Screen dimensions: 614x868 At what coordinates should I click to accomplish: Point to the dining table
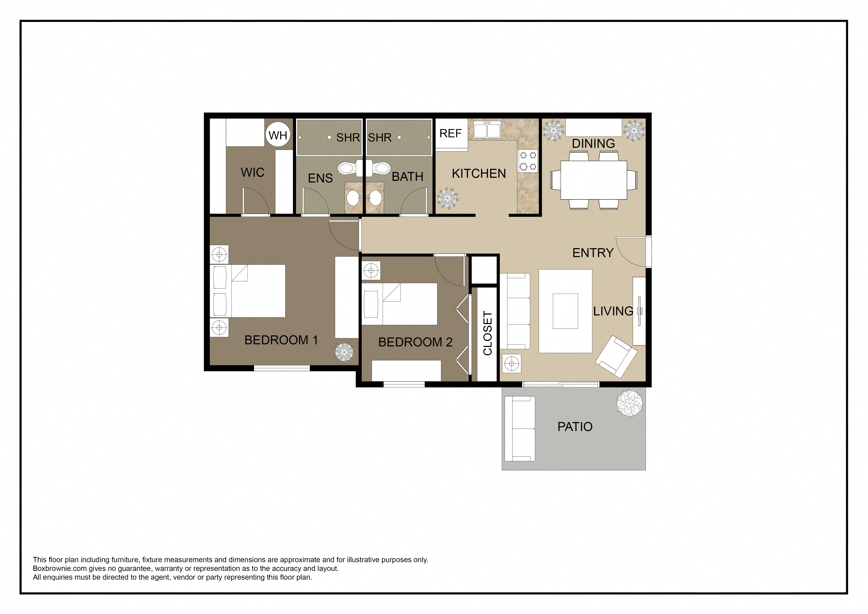click(593, 180)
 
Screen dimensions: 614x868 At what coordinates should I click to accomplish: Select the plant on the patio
click(629, 403)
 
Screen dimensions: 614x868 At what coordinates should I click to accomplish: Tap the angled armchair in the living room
click(616, 357)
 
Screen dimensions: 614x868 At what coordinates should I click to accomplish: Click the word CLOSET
click(488, 333)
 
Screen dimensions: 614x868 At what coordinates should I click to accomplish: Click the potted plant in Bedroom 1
click(344, 352)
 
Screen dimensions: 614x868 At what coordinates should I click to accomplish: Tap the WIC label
click(252, 172)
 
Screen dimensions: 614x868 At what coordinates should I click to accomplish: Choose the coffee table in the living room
click(565, 311)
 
